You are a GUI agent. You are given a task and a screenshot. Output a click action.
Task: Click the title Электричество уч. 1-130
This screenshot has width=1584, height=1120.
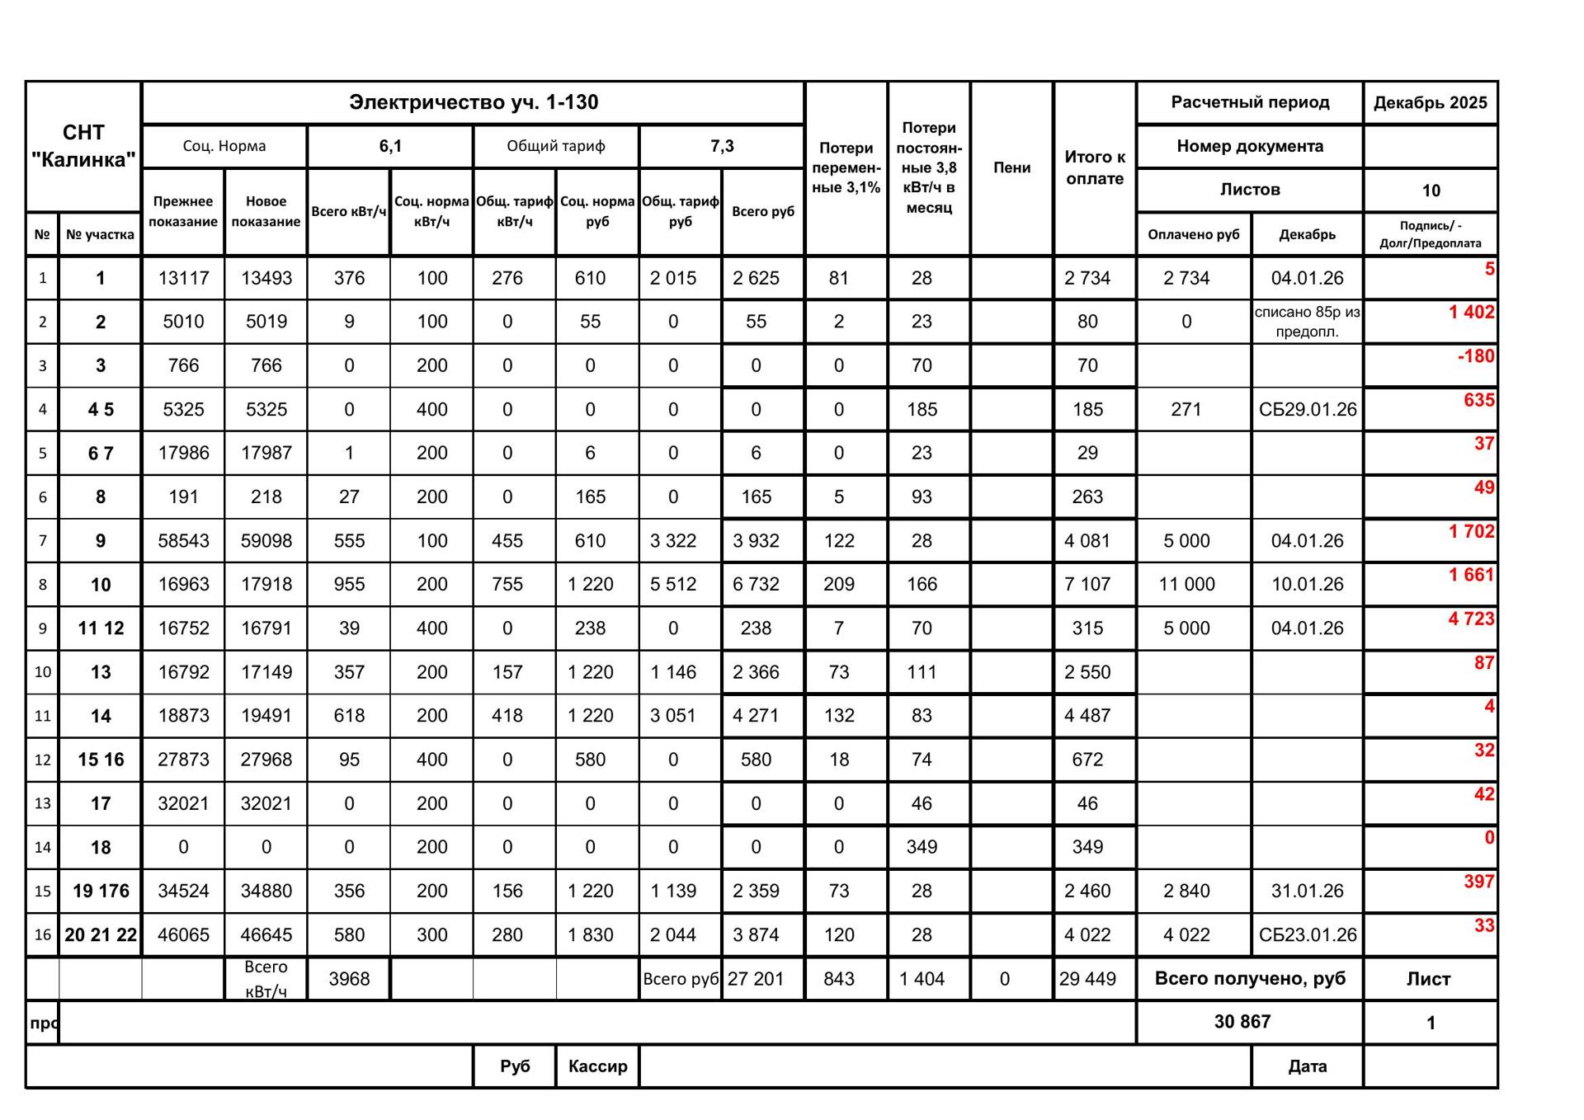coord(473,102)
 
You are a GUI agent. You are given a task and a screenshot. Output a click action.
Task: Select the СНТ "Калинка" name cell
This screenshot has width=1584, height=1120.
coord(83,146)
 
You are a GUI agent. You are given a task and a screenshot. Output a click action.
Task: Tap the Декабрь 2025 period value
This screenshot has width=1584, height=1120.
coord(1430,103)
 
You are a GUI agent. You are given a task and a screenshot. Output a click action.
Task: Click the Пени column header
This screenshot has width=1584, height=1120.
coord(1011,167)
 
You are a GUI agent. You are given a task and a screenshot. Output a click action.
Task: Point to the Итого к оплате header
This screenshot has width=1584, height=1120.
coord(1095,167)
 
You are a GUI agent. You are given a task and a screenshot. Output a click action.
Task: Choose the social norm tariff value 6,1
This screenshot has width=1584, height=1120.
coord(390,147)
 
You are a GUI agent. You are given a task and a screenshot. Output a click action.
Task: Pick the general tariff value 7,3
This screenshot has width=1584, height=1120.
coord(722,147)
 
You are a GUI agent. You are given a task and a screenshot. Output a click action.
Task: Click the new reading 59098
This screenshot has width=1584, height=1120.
coord(266,541)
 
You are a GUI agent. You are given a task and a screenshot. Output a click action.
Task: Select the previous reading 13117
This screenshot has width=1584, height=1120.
coord(183,279)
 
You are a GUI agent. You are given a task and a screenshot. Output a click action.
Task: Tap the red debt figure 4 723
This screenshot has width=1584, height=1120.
coord(1471,619)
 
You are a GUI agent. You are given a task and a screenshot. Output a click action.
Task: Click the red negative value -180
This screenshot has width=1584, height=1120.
coord(1475,356)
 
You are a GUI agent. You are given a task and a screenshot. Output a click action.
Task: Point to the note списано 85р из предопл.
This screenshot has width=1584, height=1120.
coord(1307,322)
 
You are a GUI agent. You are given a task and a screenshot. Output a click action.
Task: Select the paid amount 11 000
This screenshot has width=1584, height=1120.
coord(1186,585)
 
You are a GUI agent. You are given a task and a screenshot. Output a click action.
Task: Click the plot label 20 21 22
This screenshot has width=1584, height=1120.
coord(101,935)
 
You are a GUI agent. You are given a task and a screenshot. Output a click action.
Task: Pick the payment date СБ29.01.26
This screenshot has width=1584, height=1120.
coord(1307,410)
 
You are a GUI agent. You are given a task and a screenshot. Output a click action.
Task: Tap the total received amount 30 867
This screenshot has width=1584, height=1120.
coord(1242,1022)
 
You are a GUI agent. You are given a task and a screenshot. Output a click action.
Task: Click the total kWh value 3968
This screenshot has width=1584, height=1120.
coord(349,979)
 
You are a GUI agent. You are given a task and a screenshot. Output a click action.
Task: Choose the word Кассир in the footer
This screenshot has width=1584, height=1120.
coord(597,1066)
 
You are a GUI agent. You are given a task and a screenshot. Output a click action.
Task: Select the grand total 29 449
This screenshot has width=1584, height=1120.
coord(1087,979)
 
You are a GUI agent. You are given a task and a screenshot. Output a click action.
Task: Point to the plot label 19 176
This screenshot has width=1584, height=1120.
coord(101,892)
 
